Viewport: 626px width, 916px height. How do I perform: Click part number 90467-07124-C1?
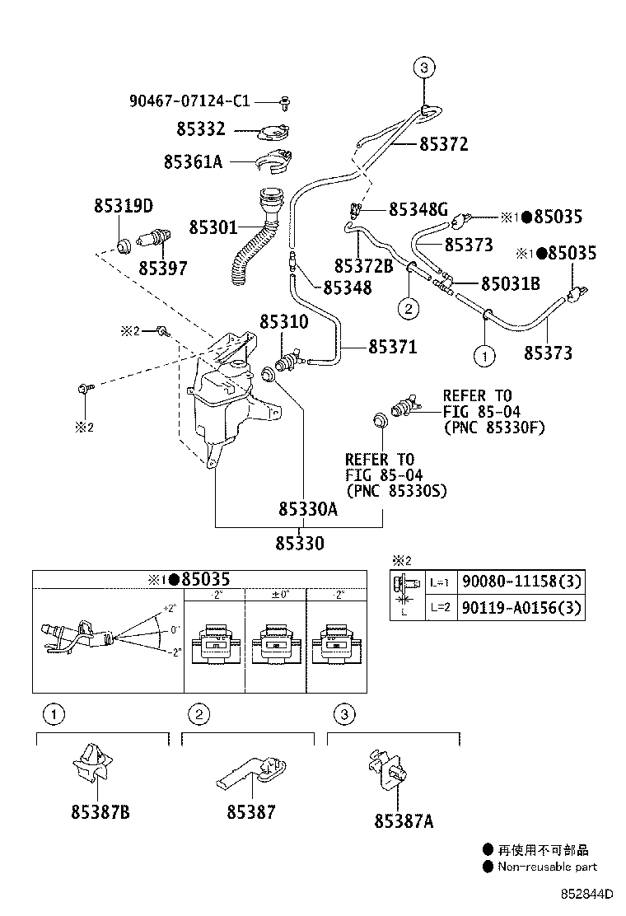(x=189, y=101)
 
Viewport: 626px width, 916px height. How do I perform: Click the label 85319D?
(x=123, y=206)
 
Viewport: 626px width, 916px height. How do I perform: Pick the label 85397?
(x=162, y=268)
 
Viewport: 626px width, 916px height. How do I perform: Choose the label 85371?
(x=392, y=348)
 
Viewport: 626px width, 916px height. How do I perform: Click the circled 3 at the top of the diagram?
(x=423, y=68)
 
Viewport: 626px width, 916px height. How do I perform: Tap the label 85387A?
(x=404, y=821)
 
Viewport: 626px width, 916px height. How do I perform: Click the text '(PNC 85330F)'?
(x=493, y=428)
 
